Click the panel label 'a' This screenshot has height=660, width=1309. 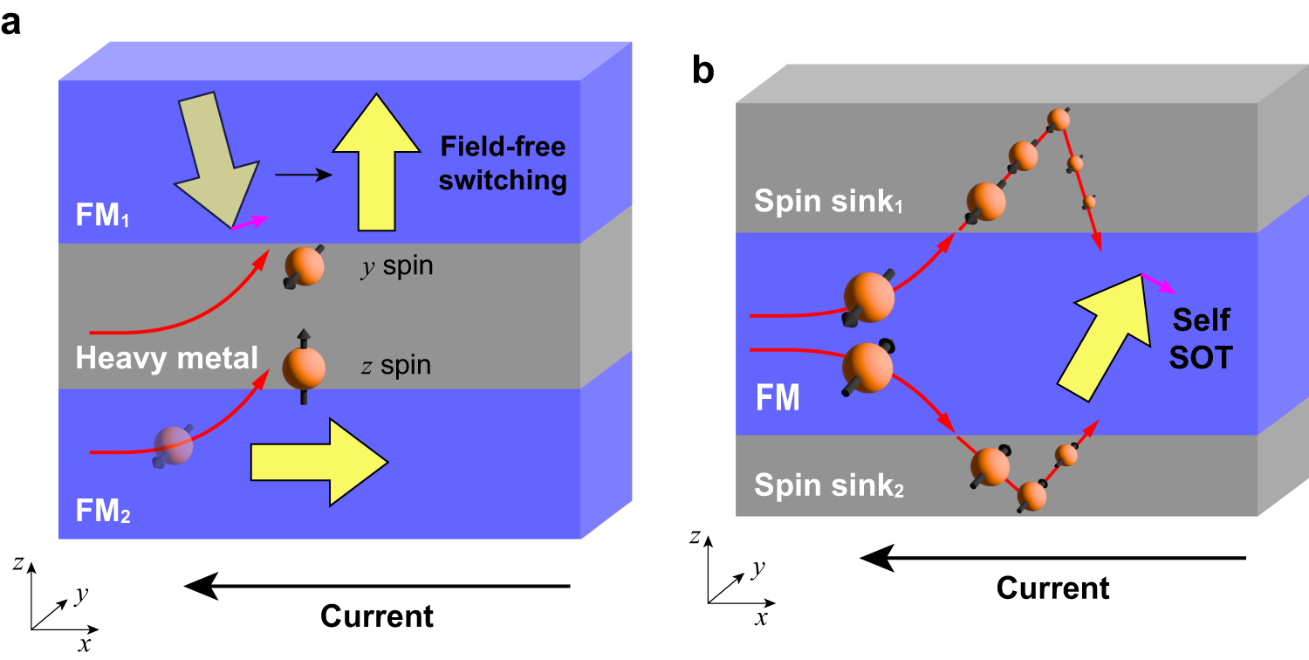pyautogui.click(x=11, y=24)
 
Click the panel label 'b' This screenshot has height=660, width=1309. pyautogui.click(x=703, y=72)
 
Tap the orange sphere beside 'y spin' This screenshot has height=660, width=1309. pyautogui.click(x=305, y=266)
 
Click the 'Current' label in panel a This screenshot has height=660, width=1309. pyautogui.click(x=376, y=615)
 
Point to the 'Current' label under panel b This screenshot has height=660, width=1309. pyautogui.click(x=1052, y=587)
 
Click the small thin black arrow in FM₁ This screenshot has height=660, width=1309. pyautogui.click(x=303, y=175)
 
